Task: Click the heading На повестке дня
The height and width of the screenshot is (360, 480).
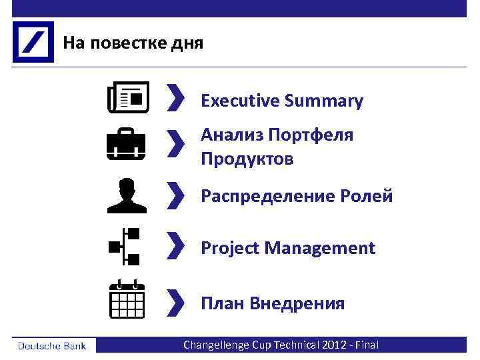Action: click(x=133, y=43)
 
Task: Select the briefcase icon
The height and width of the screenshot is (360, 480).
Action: click(x=125, y=144)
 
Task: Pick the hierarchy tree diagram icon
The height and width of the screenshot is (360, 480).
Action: click(x=125, y=247)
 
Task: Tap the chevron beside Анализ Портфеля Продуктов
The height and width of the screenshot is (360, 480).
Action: click(x=175, y=144)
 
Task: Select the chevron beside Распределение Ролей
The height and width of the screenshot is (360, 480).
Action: click(x=175, y=196)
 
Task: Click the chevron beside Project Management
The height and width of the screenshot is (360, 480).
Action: click(x=175, y=247)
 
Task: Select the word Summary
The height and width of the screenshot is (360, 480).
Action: click(x=323, y=101)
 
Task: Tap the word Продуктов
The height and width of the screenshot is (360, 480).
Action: click(x=247, y=160)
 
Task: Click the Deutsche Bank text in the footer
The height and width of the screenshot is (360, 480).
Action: click(x=54, y=345)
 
